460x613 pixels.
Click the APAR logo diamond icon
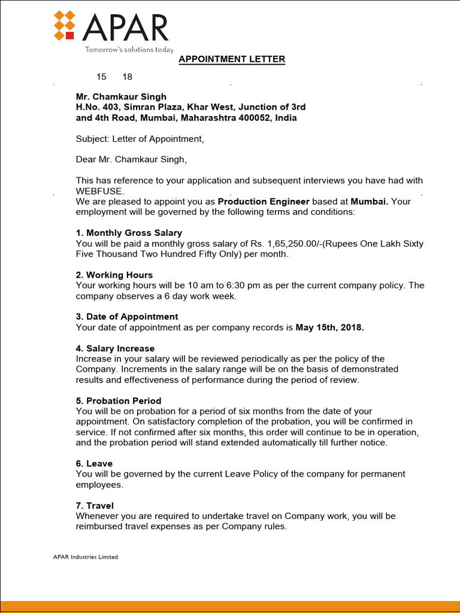pyautogui.click(x=64, y=26)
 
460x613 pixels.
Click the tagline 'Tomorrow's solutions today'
pyautogui.click(x=129, y=50)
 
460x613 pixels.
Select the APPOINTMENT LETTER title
pyautogui.click(x=232, y=59)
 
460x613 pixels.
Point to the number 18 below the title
pyautogui.click(x=127, y=77)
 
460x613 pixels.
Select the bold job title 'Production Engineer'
pyautogui.click(x=264, y=202)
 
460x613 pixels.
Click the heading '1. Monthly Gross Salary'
pyautogui.click(x=129, y=233)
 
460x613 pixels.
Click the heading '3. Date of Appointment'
pyautogui.click(x=127, y=317)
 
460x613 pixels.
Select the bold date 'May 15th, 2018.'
pyautogui.click(x=329, y=327)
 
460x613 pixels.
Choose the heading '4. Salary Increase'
pyautogui.click(x=115, y=348)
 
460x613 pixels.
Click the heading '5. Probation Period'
pyautogui.click(x=119, y=400)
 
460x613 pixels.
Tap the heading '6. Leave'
pyautogui.click(x=94, y=463)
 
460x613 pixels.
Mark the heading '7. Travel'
pyautogui.click(x=95, y=505)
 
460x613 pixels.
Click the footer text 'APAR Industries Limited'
pyautogui.click(x=86, y=557)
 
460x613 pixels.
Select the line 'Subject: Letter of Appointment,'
pyautogui.click(x=140, y=139)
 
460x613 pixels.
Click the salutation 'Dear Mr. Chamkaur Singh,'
pyautogui.click(x=131, y=160)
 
